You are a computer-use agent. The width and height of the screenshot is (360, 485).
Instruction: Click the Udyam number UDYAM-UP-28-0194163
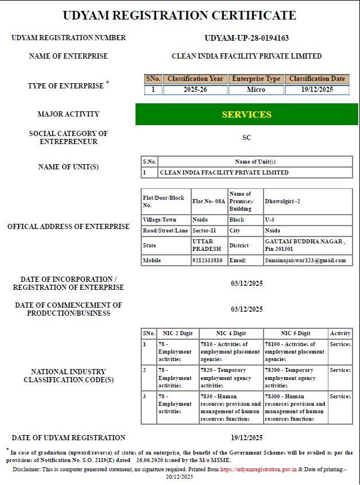246,38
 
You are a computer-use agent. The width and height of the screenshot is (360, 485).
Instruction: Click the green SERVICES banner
246,114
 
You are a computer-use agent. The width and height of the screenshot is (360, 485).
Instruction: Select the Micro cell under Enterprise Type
256,90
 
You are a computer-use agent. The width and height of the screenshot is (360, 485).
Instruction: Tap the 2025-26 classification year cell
195,90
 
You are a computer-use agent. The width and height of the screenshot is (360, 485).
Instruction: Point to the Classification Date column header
317,79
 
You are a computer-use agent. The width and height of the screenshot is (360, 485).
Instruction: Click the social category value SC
247,138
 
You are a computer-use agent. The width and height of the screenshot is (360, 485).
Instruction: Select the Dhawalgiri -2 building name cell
308,201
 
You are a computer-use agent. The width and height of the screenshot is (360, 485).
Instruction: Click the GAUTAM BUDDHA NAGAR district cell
308,245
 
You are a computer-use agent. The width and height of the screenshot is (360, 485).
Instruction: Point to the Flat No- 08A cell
209,201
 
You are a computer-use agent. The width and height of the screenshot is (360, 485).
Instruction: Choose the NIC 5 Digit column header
295,333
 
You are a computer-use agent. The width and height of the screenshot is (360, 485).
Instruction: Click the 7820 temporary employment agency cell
231,378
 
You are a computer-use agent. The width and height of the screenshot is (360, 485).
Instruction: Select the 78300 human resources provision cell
295,408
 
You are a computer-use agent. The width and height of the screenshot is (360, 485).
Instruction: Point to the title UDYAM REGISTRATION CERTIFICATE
180,15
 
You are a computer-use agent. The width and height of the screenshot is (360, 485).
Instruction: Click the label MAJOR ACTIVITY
68,114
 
